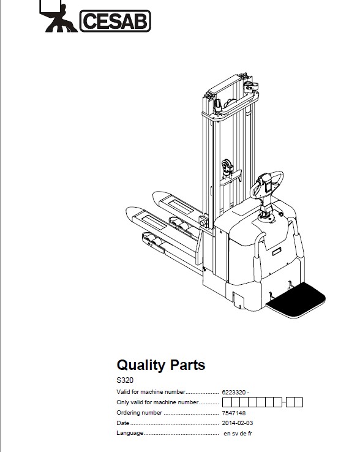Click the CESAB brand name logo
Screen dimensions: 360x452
tap(115, 21)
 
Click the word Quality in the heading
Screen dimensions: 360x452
tap(140, 365)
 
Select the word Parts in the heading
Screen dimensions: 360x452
tap(187, 364)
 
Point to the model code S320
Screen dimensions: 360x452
tap(125, 380)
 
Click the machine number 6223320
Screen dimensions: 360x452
tap(234, 393)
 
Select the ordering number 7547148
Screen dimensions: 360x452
tap(234, 413)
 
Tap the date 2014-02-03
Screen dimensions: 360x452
tap(237, 423)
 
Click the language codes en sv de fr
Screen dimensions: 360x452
tap(238, 433)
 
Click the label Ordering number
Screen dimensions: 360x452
tap(139, 413)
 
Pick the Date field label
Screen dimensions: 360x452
tap(123, 423)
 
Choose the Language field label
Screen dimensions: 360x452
tap(130, 433)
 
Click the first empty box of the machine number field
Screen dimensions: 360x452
tap(227, 402)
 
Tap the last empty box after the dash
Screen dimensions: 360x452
tap(299, 402)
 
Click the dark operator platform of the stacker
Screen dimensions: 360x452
tap(296, 299)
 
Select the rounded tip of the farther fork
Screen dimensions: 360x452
tap(159, 196)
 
